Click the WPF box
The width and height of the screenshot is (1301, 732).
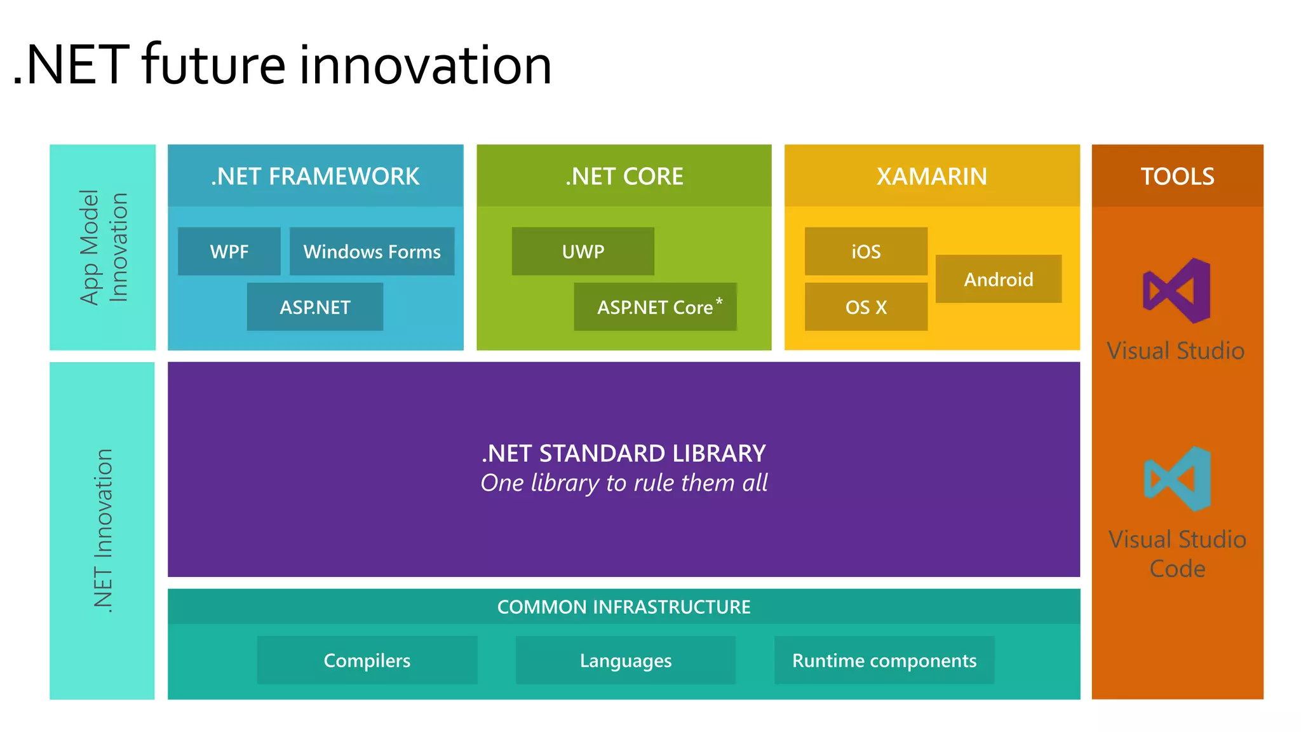click(x=229, y=252)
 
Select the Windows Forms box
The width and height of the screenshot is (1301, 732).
click(x=372, y=252)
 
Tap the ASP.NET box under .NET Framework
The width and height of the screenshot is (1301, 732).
click(x=315, y=308)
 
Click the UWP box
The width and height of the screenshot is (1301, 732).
click(x=583, y=252)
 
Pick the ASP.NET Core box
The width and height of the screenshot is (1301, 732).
click(x=654, y=308)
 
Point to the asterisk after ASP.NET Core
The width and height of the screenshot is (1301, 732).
click(x=719, y=301)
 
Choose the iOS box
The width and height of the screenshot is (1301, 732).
click(x=866, y=252)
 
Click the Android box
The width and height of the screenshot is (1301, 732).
click(x=998, y=280)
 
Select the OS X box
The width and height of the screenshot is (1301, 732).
click(x=866, y=308)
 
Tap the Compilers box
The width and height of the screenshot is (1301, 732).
click(x=367, y=661)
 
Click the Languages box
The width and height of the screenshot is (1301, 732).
click(x=626, y=661)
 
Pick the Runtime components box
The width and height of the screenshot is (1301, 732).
click(x=884, y=661)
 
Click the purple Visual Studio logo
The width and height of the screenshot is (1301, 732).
click(x=1176, y=291)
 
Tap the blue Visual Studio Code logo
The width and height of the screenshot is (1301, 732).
click(x=1177, y=479)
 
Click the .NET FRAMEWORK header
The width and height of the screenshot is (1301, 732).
click(x=315, y=176)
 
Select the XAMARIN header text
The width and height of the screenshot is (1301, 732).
click(x=932, y=176)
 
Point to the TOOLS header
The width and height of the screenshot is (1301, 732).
click(x=1177, y=176)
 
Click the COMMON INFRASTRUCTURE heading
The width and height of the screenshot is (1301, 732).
click(x=624, y=607)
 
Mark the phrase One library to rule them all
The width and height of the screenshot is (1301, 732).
click(x=624, y=483)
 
